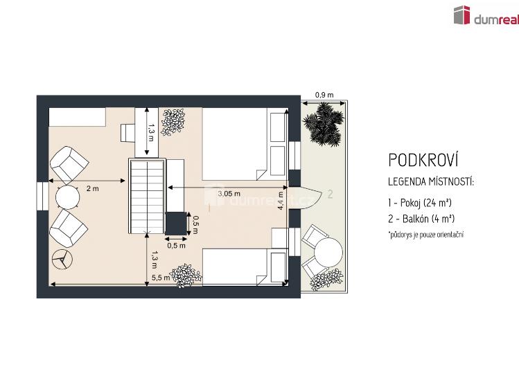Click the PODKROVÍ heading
coord(423,160)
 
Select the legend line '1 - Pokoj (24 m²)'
coord(420,203)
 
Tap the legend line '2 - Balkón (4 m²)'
coord(421,219)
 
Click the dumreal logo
coord(486,15)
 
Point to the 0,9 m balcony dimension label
coord(324,96)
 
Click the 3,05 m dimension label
coord(229,194)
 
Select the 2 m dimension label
coord(92,189)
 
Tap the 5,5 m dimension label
coord(161,278)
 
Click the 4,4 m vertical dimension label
coord(281,201)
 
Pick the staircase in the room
coord(147,196)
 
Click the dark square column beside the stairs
coord(176,224)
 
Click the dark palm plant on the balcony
coord(324,123)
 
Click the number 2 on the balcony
coord(330,194)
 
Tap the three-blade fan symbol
coord(62,259)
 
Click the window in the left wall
coord(42,197)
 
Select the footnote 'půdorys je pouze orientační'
coord(426,235)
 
